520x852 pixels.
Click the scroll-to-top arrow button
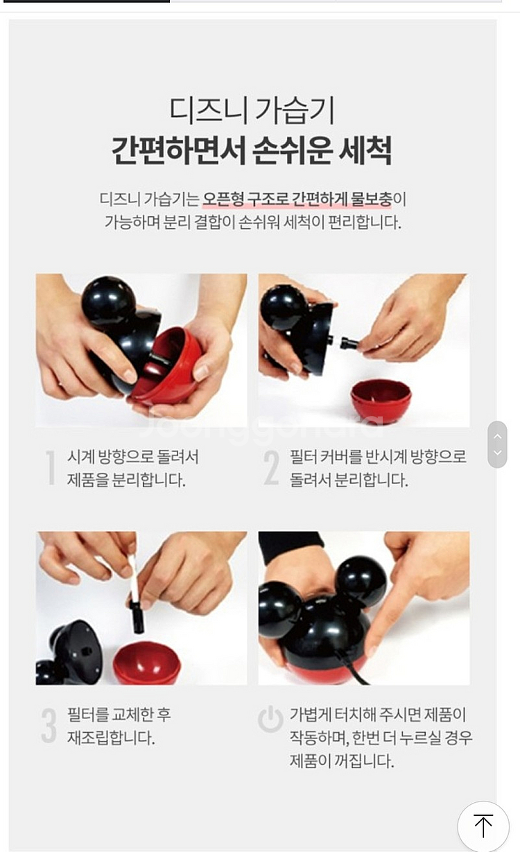pyautogui.click(x=483, y=826)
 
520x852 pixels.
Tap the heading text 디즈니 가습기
pyautogui.click(x=252, y=110)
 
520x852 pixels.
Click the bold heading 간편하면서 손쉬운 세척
pyautogui.click(x=252, y=149)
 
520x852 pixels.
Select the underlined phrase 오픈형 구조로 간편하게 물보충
pyautogui.click(x=297, y=199)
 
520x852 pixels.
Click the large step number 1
pyautogui.click(x=50, y=468)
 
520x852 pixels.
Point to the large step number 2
pyautogui.click(x=271, y=468)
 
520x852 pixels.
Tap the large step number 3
pyautogui.click(x=49, y=726)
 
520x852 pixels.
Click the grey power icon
pyautogui.click(x=270, y=720)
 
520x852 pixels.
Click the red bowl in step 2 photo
pyautogui.click(x=381, y=400)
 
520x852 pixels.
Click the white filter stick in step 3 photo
pyautogui.click(x=133, y=579)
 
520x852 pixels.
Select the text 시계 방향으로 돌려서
pyautogui.click(x=132, y=457)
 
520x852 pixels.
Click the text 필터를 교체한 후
pyautogui.click(x=119, y=714)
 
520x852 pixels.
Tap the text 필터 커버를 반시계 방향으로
pyautogui.click(x=378, y=457)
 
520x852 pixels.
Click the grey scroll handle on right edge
pyautogui.click(x=497, y=444)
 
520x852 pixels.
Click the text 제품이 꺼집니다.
pyautogui.click(x=342, y=761)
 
